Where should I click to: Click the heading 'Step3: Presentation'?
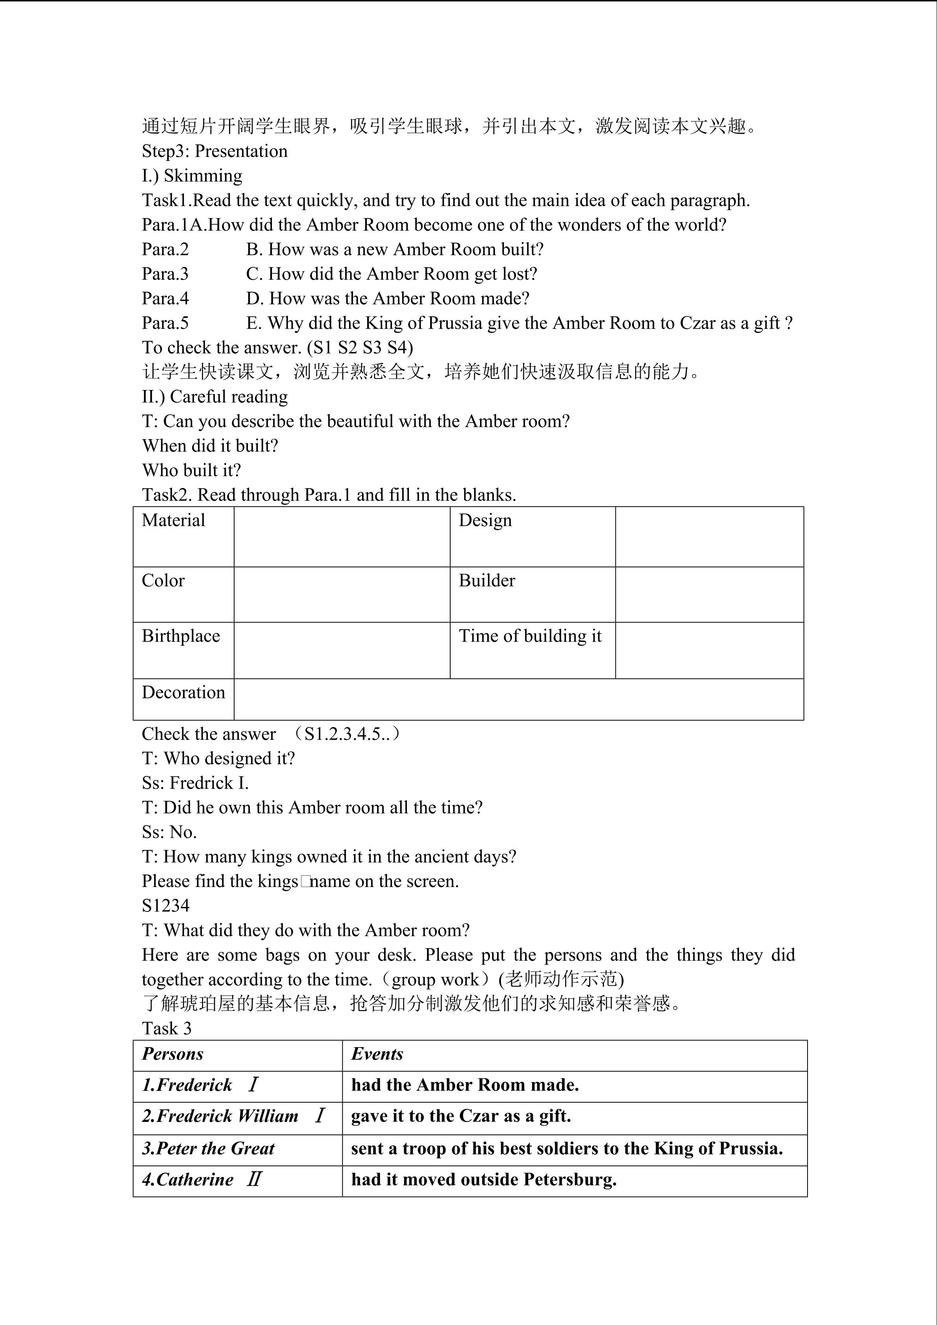[x=214, y=151]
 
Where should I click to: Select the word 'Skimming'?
[x=203, y=176]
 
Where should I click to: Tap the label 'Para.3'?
[x=166, y=274]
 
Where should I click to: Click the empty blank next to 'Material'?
[x=342, y=537]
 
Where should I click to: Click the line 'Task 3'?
[x=167, y=1028]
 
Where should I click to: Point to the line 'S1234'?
[x=166, y=906]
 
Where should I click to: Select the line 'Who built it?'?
[x=192, y=470]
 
